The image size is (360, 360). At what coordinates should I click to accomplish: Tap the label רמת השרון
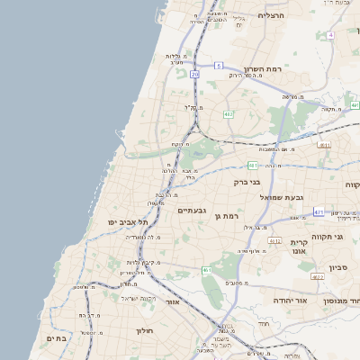[262, 68]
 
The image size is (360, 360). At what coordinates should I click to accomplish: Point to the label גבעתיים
[193, 210]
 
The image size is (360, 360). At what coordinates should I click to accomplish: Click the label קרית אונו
[300, 247]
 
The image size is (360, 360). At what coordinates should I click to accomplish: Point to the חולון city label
[146, 330]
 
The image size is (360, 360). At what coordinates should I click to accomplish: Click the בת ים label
[56, 337]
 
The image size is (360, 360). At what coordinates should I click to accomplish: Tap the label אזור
[173, 302]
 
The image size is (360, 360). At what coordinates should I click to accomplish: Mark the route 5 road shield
[219, 66]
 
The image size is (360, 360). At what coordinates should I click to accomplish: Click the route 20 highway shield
[194, 75]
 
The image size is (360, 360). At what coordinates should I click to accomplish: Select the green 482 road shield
[229, 114]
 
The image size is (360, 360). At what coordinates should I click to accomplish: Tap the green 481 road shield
[254, 165]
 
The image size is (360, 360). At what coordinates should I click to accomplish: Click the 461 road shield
[207, 270]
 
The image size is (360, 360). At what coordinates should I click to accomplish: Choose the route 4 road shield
[330, 35]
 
